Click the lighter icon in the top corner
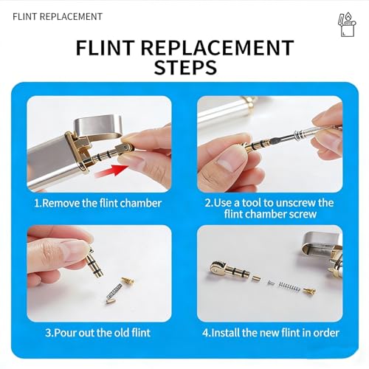point(347,24)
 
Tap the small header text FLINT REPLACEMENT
point(58,17)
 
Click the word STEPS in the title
point(185,67)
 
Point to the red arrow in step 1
point(112,170)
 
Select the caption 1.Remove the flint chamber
point(97,203)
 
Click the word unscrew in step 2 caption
point(296,203)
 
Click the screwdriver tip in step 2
point(272,142)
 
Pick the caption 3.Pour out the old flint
point(97,333)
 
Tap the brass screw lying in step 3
point(128,280)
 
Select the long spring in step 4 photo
point(289,286)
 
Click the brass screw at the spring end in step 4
point(309,291)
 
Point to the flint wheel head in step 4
point(218,269)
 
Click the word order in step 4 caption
point(326,333)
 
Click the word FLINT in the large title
point(106,47)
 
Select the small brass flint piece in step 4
point(256,278)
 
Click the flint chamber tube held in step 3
point(94,263)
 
